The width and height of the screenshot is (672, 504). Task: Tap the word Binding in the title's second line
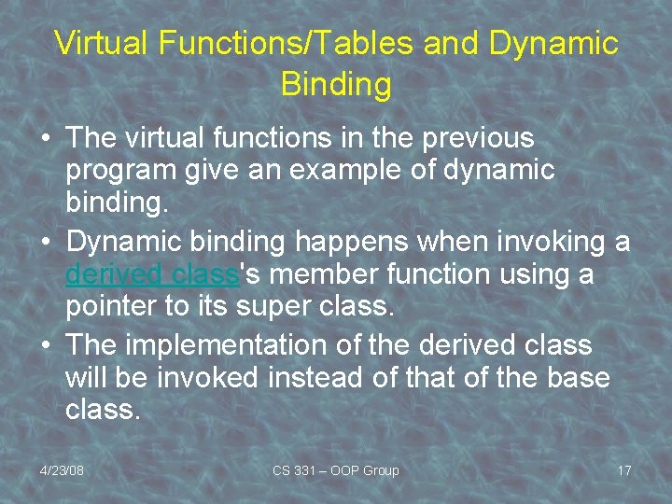(x=335, y=84)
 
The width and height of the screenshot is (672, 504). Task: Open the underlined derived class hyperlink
(x=153, y=275)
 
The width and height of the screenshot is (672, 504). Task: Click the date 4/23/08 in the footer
(x=62, y=470)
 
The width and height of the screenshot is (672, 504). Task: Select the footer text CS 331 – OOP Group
(x=335, y=470)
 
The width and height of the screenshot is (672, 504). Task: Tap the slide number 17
(x=623, y=470)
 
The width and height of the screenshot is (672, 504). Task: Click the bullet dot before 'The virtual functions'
(x=46, y=139)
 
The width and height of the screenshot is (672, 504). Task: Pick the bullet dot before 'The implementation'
(x=46, y=345)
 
